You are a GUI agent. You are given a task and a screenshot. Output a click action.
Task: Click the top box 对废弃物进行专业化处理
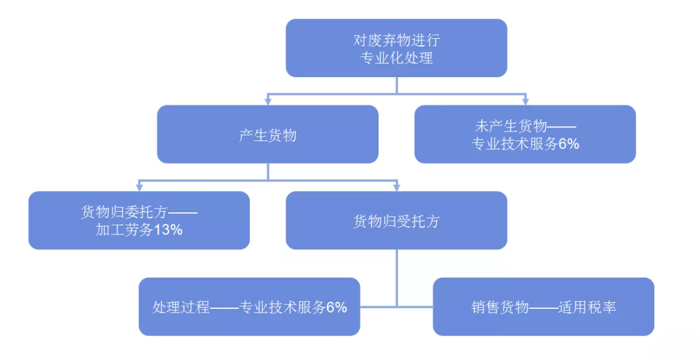(396, 48)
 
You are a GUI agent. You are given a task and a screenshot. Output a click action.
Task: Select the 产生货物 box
(267, 135)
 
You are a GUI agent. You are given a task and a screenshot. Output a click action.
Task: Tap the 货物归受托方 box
(396, 221)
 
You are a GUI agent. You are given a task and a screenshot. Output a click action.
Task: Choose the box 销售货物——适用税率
(543, 307)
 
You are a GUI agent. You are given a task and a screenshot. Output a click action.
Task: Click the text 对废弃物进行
(396, 39)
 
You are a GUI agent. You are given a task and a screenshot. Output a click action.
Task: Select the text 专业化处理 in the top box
(396, 58)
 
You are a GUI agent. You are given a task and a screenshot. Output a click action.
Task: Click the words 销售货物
(500, 307)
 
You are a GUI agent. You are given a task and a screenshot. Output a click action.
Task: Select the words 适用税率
(587, 307)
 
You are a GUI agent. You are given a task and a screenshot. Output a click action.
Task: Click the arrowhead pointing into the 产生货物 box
(267, 101)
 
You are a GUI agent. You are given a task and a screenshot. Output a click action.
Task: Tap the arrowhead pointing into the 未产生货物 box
(525, 101)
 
